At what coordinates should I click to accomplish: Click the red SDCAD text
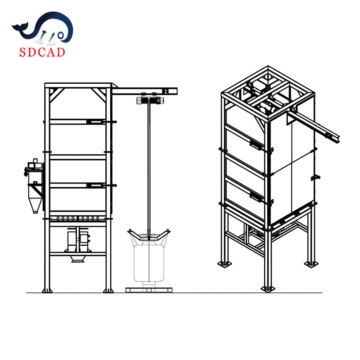click(x=42, y=52)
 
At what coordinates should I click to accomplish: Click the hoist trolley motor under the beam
click(x=150, y=100)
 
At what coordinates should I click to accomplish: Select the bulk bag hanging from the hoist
click(x=149, y=262)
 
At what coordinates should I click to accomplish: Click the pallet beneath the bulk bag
click(x=149, y=290)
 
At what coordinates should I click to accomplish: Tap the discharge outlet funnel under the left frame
click(x=78, y=259)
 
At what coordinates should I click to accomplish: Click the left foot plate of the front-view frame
click(x=47, y=291)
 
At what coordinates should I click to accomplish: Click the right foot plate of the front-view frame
click(x=108, y=291)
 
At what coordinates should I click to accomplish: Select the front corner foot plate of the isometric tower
click(x=268, y=289)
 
